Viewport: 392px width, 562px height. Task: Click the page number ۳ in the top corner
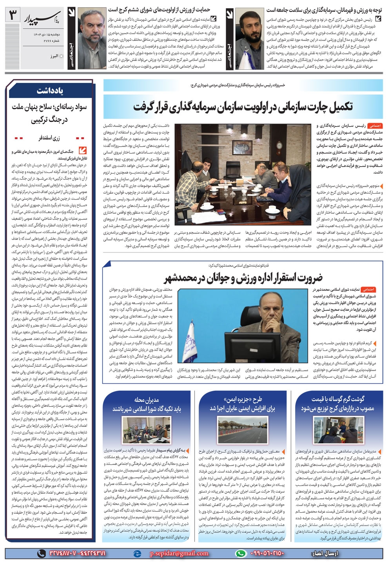click(x=13, y=16)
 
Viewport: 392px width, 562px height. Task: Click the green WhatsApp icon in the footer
click(x=240, y=553)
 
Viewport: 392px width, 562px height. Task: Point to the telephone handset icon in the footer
click(x=41, y=553)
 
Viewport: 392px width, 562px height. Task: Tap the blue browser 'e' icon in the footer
click(x=137, y=553)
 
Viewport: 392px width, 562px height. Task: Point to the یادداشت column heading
click(x=50, y=91)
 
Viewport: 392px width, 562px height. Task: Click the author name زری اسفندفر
click(x=50, y=138)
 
